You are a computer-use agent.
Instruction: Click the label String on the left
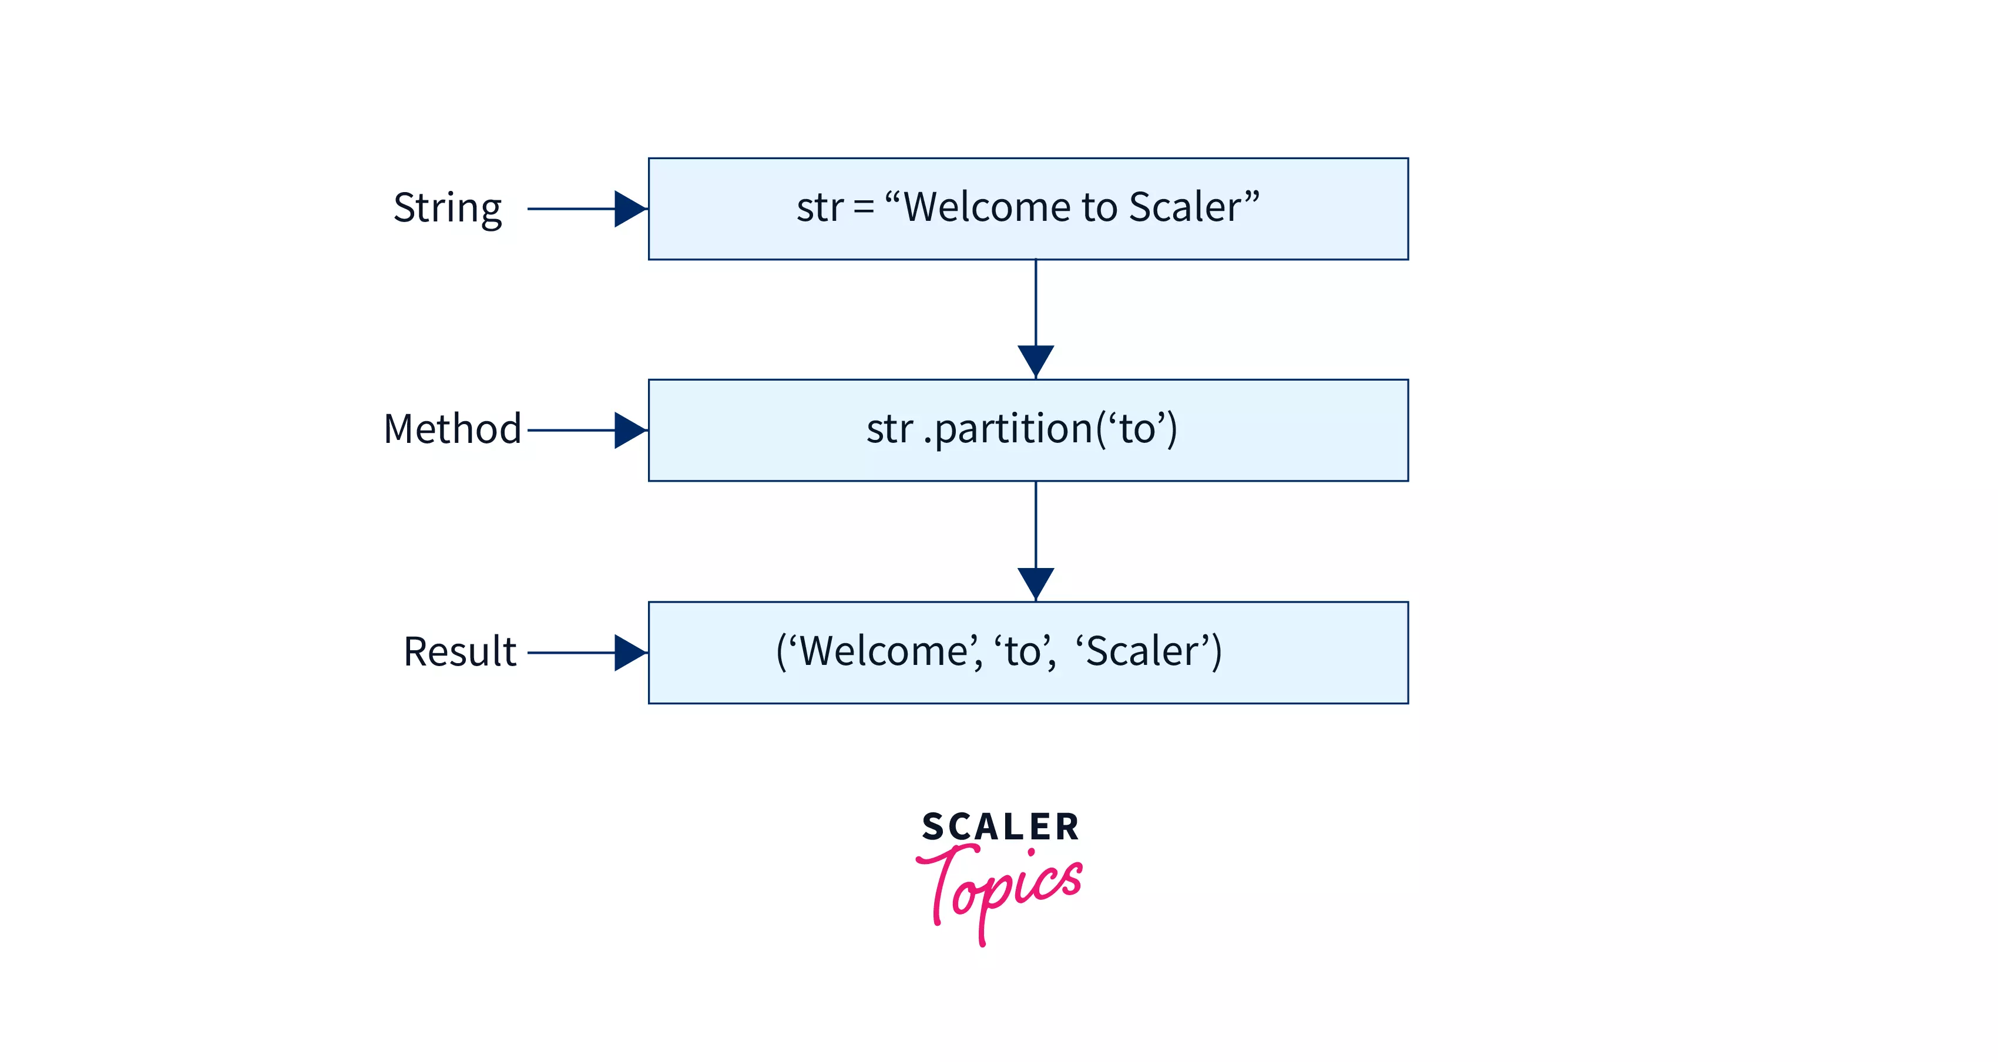(x=448, y=208)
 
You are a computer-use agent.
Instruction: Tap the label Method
(x=452, y=429)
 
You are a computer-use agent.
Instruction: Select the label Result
(x=459, y=651)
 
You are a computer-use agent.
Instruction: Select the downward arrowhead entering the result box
(x=1036, y=582)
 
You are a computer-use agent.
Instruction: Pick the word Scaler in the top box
(x=1184, y=207)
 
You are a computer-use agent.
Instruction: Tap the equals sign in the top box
(x=863, y=208)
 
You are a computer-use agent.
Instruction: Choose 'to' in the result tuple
(x=1022, y=651)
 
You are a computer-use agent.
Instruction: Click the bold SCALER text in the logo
(x=1000, y=827)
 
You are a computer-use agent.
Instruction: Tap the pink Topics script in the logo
(x=1000, y=889)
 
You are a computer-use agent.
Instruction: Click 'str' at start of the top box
(x=819, y=208)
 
